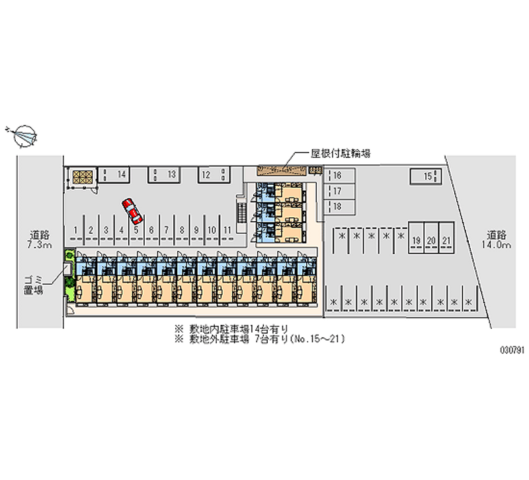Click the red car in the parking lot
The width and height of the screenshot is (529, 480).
pyautogui.click(x=133, y=210)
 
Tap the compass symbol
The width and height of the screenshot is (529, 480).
pyautogui.click(x=24, y=135)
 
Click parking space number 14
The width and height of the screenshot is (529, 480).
pyautogui.click(x=121, y=174)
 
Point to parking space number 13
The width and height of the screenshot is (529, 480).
pyautogui.click(x=170, y=174)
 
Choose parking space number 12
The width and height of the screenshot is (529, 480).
pyautogui.click(x=207, y=174)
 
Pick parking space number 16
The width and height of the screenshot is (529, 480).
pyautogui.click(x=337, y=176)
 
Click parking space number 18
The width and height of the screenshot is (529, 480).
pyautogui.click(x=337, y=207)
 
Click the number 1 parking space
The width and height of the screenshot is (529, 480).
pyautogui.click(x=77, y=230)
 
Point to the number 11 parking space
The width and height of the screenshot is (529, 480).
pyautogui.click(x=227, y=230)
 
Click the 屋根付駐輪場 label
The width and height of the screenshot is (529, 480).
pyautogui.click(x=340, y=153)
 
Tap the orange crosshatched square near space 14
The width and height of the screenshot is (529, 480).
pyautogui.click(x=84, y=176)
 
